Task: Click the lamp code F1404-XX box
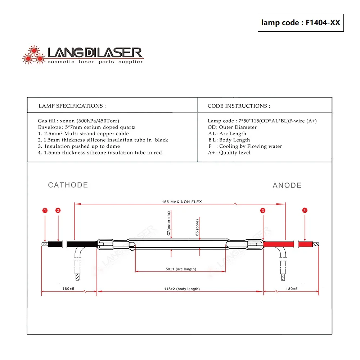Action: (x=301, y=22)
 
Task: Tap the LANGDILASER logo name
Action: (x=95, y=53)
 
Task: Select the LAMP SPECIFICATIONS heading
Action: (x=72, y=106)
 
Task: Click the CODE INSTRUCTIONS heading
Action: (x=239, y=106)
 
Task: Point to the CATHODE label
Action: (x=68, y=185)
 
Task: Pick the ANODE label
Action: (x=287, y=185)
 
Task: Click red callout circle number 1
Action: (x=45, y=210)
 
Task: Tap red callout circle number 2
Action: (x=58, y=210)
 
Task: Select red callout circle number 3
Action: (x=263, y=210)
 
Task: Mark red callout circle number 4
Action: (x=305, y=210)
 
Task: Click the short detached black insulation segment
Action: (x=55, y=244)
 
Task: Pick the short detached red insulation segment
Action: (x=305, y=244)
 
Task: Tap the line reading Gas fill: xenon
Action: (x=78, y=121)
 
